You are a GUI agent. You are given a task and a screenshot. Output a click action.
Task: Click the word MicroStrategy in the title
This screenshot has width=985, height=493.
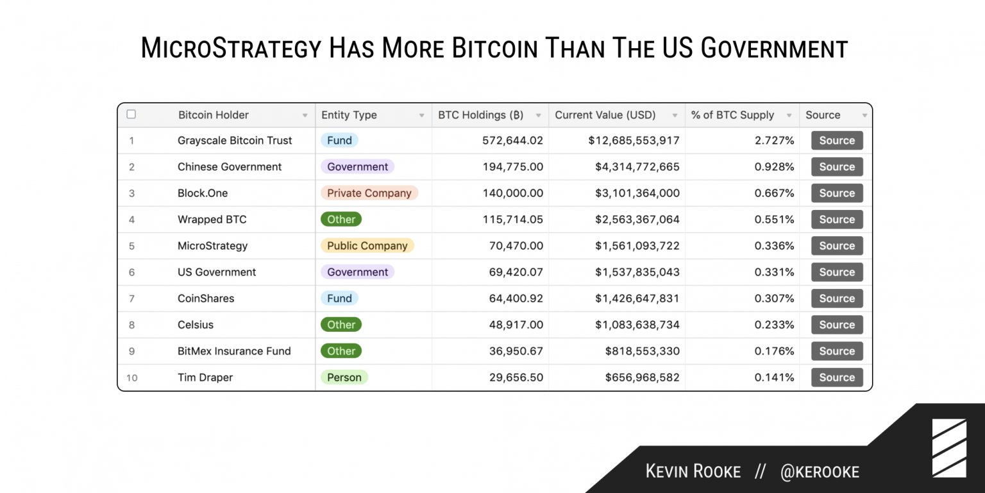click(230, 49)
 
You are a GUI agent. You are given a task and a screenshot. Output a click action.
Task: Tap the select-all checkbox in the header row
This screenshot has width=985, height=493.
click(131, 114)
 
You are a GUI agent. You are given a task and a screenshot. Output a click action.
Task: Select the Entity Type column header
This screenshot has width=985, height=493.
click(349, 116)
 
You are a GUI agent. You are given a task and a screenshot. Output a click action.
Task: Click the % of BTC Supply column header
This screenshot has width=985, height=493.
click(732, 116)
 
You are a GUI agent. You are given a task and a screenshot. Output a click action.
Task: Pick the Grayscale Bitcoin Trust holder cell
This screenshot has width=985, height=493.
click(235, 141)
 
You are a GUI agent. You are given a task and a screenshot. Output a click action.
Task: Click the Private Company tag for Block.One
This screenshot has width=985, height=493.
click(369, 193)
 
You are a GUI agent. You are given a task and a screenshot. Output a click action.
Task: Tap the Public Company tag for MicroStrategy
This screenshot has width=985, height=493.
click(367, 246)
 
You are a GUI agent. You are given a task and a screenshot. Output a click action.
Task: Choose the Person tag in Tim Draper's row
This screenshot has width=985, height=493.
click(344, 377)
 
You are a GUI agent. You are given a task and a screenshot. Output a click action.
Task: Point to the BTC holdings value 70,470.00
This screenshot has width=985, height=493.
click(512, 246)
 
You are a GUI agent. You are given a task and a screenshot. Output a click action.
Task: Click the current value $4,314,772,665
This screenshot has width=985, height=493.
click(637, 167)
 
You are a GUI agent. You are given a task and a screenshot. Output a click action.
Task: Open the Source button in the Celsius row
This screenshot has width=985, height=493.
click(836, 325)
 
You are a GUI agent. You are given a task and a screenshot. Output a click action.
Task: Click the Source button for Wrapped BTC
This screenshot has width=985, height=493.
click(836, 220)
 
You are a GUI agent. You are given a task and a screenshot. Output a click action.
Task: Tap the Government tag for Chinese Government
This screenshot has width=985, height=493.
click(357, 167)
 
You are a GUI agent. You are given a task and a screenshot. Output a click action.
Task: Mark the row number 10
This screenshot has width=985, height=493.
click(131, 377)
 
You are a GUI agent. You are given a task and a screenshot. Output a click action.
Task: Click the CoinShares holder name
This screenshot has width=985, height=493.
click(206, 298)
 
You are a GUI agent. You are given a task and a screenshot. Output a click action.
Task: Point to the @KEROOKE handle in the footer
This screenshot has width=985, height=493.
click(820, 472)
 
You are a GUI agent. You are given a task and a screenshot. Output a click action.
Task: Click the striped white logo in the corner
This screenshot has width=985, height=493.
click(949, 448)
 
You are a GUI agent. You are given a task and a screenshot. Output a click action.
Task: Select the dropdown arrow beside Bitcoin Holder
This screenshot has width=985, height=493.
click(305, 116)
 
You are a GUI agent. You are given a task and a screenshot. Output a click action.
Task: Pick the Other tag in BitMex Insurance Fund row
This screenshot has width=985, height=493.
click(341, 351)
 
